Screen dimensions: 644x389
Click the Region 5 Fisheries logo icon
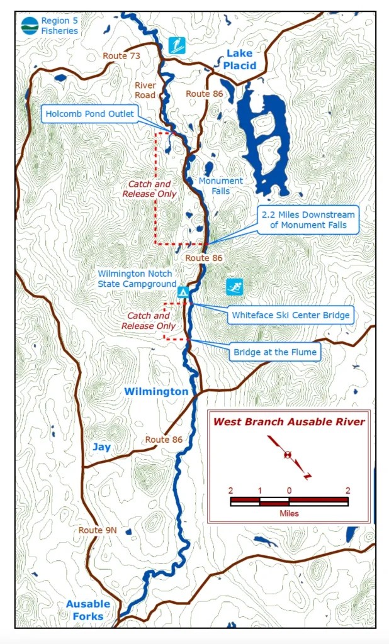(x=29, y=25)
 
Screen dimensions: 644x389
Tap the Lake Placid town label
(x=241, y=59)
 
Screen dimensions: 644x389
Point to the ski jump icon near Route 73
(x=176, y=45)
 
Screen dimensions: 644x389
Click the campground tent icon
(x=183, y=292)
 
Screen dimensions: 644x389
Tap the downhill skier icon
(x=235, y=287)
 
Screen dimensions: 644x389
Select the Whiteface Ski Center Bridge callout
(x=290, y=315)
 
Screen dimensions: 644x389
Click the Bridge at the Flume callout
(x=275, y=352)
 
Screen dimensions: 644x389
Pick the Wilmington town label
(x=155, y=392)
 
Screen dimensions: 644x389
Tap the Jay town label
(x=101, y=447)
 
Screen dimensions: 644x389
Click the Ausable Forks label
(x=88, y=610)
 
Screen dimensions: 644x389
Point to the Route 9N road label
(x=98, y=530)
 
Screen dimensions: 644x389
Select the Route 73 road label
(x=121, y=56)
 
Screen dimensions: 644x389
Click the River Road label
(x=145, y=90)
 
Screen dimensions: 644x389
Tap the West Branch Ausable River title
(x=289, y=422)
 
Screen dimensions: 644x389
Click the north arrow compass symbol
(x=288, y=455)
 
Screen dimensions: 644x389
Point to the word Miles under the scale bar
(x=289, y=513)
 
